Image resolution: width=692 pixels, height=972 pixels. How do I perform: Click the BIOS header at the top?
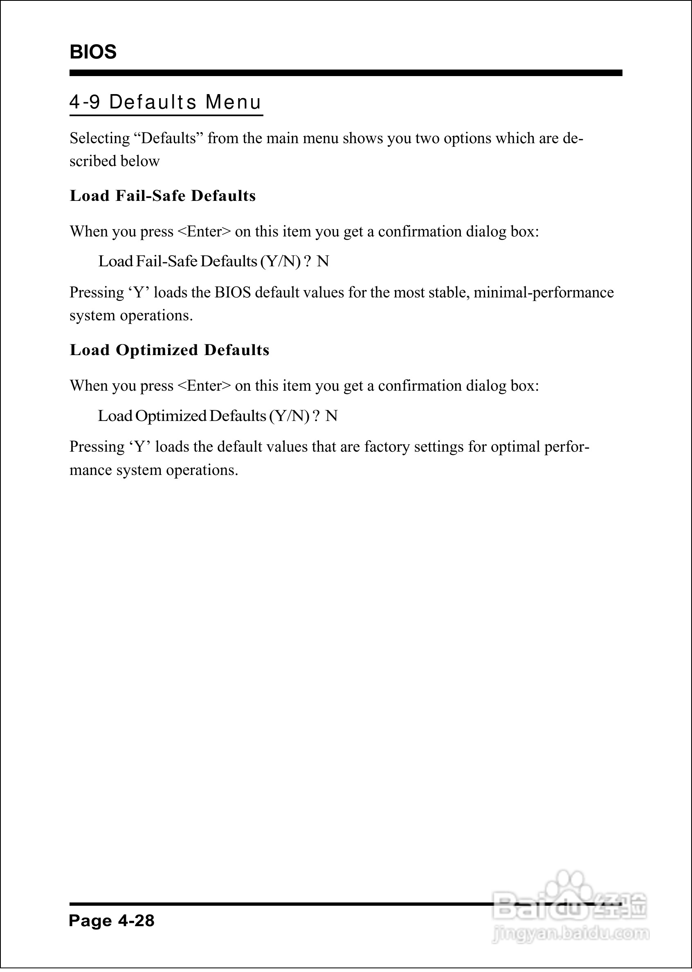click(x=93, y=52)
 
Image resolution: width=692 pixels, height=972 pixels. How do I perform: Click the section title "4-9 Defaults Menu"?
click(x=165, y=102)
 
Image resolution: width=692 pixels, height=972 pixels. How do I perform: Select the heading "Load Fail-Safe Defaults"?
click(x=163, y=196)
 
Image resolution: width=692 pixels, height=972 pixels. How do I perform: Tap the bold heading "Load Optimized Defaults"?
click(x=170, y=350)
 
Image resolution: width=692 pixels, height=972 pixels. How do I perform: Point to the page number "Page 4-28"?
click(x=112, y=921)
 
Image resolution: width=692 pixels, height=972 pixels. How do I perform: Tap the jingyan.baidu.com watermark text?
click(x=571, y=934)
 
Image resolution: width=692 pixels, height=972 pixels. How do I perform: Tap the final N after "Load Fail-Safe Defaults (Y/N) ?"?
click(x=323, y=261)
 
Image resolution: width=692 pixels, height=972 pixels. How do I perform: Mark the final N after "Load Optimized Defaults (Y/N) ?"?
click(x=332, y=416)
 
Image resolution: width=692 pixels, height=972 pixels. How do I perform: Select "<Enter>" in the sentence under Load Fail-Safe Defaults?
click(x=204, y=232)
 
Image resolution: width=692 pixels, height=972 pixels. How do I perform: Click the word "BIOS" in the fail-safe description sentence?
click(x=233, y=293)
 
